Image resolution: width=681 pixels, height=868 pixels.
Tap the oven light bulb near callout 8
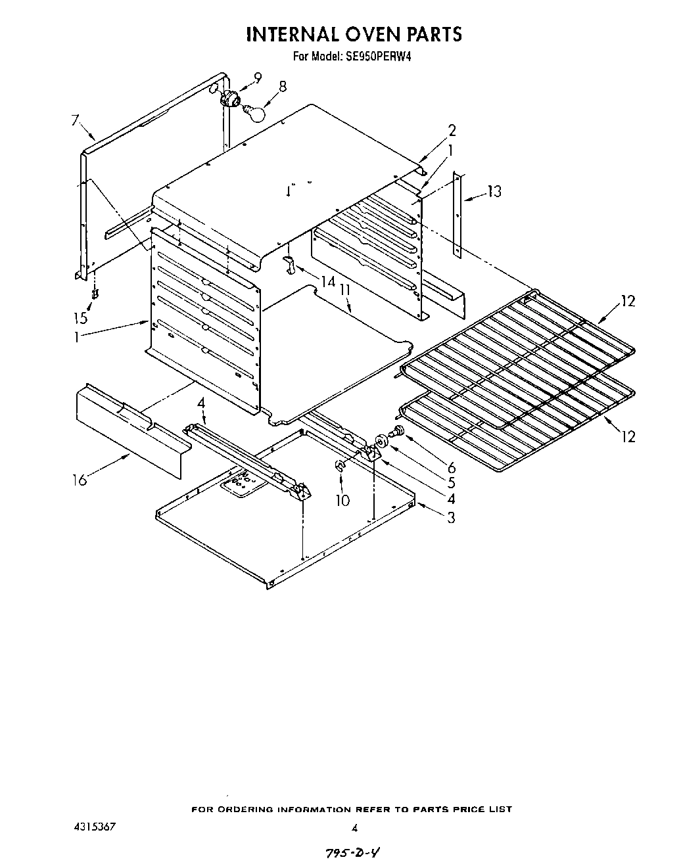pos(254,113)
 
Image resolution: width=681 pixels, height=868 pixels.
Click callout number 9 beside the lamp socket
pos(257,78)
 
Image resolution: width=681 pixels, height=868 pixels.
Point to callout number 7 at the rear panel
pos(75,120)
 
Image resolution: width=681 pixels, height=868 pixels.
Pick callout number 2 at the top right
pos(452,130)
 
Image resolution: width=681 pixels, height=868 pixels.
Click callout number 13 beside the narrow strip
pos(494,191)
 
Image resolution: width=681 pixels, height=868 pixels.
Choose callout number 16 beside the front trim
pos(80,480)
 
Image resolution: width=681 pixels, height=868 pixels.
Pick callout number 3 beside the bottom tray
pos(451,517)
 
